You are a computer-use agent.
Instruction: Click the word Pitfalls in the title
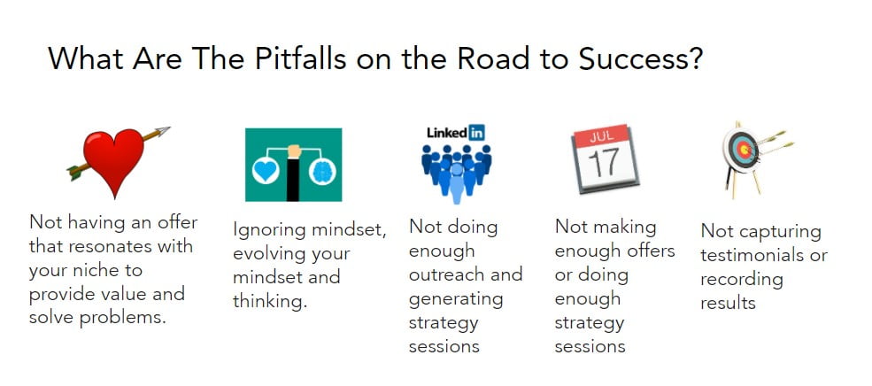[301, 58]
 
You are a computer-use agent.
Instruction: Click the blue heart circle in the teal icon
[266, 171]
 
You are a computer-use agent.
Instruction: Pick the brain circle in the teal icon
[321, 171]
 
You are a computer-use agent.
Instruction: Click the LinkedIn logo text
[455, 133]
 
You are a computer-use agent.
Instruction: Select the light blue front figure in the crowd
[457, 182]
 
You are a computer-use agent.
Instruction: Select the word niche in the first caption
[120, 270]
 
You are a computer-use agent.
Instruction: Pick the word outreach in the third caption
[443, 274]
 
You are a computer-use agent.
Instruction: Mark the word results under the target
[728, 303]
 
